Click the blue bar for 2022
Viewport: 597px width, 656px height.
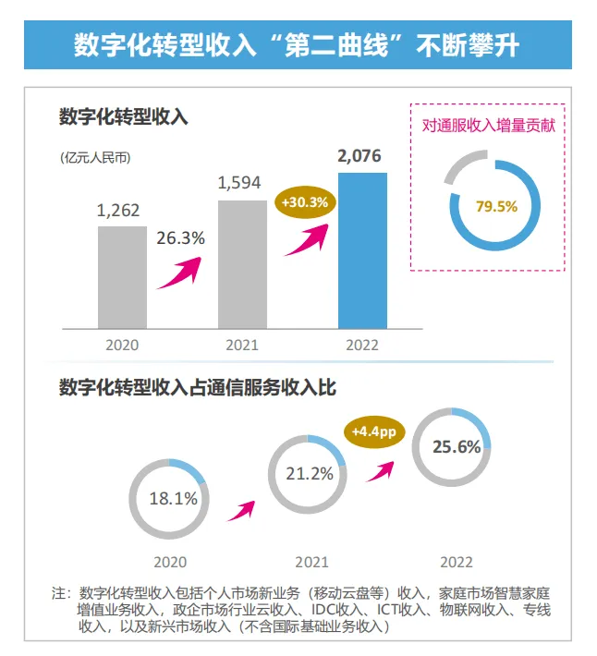click(x=361, y=251)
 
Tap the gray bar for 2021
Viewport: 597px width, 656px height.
click(x=242, y=264)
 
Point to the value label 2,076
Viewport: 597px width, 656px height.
click(x=359, y=156)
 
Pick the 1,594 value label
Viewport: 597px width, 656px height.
click(x=240, y=182)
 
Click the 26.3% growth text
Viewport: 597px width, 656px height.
click(x=179, y=237)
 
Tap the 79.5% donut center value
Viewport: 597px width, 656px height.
click(x=496, y=206)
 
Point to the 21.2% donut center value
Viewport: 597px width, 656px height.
click(x=310, y=474)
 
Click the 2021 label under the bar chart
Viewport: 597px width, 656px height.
click(x=242, y=346)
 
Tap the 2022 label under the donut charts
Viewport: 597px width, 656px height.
click(x=457, y=562)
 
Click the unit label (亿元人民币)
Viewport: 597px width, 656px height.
click(x=95, y=156)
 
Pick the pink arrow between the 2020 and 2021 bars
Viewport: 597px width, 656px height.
click(x=179, y=273)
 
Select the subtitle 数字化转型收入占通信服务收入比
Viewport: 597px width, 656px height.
click(x=197, y=388)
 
